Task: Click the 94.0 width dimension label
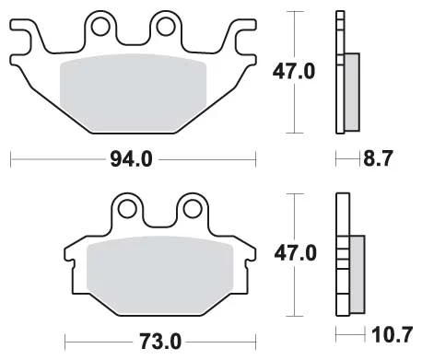point(131,159)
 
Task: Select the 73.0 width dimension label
point(160,342)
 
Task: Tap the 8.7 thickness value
point(378,158)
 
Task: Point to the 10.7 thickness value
point(392,335)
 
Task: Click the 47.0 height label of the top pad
point(294,72)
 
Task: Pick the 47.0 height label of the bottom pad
point(295,253)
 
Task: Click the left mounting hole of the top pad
point(100,27)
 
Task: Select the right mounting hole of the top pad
point(166,27)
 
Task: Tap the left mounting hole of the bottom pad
point(127,209)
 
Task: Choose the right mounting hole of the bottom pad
point(193,209)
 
